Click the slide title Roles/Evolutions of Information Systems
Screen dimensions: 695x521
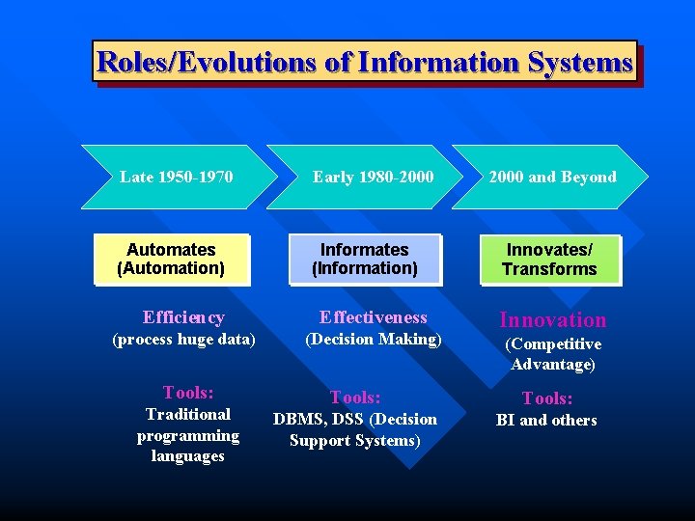tap(365, 63)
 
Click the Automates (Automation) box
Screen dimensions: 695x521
tap(171, 260)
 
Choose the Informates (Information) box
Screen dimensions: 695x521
tap(364, 260)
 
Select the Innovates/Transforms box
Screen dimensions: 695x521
tap(549, 260)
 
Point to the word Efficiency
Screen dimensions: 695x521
tap(183, 317)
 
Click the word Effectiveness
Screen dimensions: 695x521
tap(374, 317)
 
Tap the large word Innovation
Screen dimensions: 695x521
tap(552, 320)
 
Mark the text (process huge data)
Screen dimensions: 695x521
tap(183, 340)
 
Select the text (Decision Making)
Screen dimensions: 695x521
tap(374, 339)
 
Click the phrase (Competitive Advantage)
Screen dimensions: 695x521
tap(552, 354)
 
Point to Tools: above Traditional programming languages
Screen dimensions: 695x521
tap(188, 393)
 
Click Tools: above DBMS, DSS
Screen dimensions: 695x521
tap(355, 398)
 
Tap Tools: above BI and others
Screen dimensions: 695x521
tap(547, 398)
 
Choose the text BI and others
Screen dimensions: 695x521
tap(546, 421)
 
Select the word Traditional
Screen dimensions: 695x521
tap(188, 415)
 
